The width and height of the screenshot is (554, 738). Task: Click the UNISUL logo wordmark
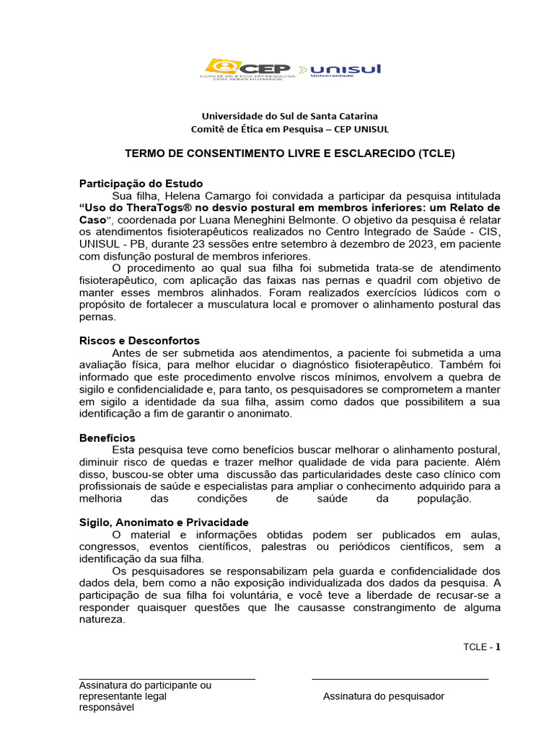pyautogui.click(x=346, y=69)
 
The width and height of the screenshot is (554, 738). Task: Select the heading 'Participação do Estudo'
pyautogui.click(x=141, y=184)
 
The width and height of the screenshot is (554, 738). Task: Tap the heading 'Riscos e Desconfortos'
pyautogui.click(x=139, y=340)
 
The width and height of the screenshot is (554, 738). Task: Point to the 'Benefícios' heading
pyautogui.click(x=107, y=438)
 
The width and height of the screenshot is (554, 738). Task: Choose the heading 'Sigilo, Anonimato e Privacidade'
pyautogui.click(x=164, y=522)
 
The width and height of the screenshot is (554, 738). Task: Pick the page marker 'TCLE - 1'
pyautogui.click(x=481, y=646)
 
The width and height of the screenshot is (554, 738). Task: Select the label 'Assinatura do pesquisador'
pyautogui.click(x=384, y=696)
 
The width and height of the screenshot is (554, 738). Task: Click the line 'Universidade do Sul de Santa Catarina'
pyautogui.click(x=289, y=116)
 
